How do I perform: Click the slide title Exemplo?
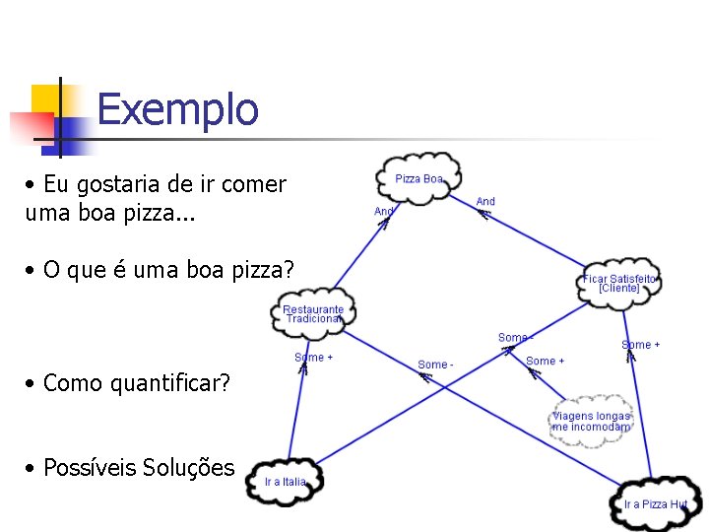(177, 109)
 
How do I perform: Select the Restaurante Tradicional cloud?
(313, 314)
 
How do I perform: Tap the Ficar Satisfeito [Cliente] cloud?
(619, 284)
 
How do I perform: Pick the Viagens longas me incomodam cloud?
(591, 422)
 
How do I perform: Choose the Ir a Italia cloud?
(285, 482)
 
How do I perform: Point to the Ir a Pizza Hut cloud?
(654, 503)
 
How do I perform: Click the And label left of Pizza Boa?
(384, 211)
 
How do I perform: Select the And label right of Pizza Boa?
(485, 201)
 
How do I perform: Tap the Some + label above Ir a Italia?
(313, 358)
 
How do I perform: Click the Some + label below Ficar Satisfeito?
(641, 345)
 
